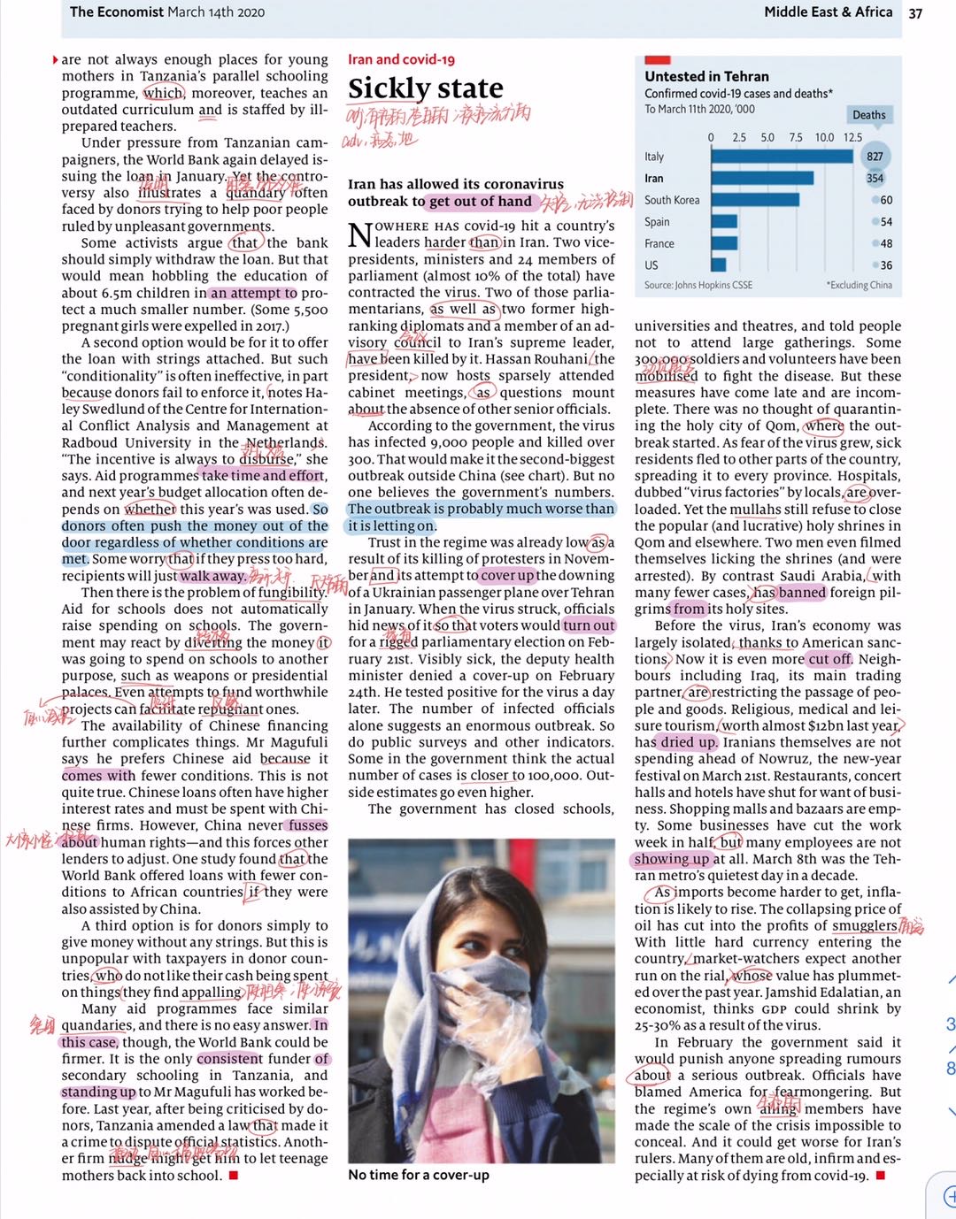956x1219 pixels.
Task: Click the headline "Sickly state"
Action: [x=425, y=88]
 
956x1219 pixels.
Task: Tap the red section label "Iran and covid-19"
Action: [x=401, y=59]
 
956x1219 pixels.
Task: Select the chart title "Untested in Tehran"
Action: [x=706, y=76]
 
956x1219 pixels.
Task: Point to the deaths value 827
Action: [x=875, y=157]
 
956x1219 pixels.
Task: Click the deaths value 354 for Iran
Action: [x=875, y=178]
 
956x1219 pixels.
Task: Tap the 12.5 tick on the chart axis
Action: [x=852, y=137]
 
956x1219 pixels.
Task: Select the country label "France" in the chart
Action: [x=659, y=243]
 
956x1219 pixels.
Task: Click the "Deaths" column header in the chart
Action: [x=868, y=115]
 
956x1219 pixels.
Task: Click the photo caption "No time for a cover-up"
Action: [x=419, y=1175]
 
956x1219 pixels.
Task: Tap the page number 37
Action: [x=915, y=12]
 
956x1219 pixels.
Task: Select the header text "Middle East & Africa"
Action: [x=828, y=11]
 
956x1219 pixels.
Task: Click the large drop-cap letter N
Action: [x=359, y=235]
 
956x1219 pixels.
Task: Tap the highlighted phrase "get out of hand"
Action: [x=481, y=201]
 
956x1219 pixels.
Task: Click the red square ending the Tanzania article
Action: [x=234, y=1175]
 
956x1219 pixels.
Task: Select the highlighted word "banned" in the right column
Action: [x=802, y=593]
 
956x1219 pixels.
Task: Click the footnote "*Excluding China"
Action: [x=859, y=285]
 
